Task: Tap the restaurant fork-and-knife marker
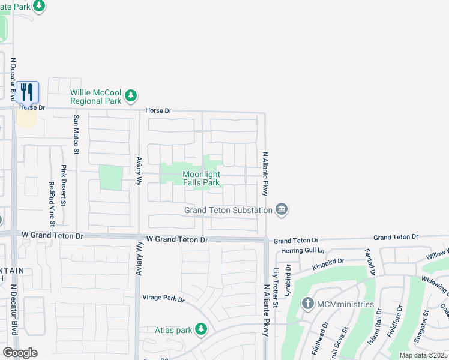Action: (x=27, y=92)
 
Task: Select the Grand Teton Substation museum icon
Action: (x=282, y=209)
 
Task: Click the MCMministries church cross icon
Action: (x=308, y=304)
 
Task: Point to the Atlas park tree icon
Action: (x=201, y=329)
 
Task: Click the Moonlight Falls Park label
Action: (x=201, y=178)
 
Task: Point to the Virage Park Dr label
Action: (x=163, y=298)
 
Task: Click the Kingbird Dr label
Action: (x=328, y=262)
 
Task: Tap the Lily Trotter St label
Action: (x=276, y=288)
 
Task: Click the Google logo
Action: (x=20, y=353)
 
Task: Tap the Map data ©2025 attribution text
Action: (x=423, y=355)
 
